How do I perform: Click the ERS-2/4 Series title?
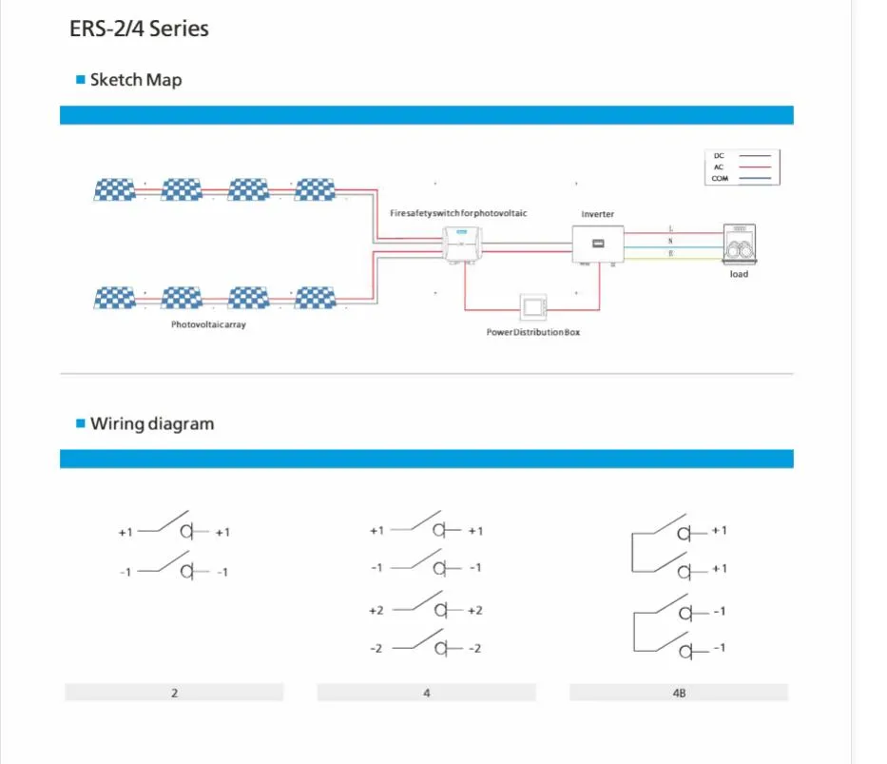139,29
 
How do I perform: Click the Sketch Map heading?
135,80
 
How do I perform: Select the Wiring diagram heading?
151,423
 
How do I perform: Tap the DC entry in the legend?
719,155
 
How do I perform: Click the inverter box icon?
598,244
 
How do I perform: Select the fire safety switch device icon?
463,244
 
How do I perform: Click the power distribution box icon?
532,306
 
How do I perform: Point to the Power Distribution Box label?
532,333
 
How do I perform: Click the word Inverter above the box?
597,214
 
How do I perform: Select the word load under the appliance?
739,274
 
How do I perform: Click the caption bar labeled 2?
174,693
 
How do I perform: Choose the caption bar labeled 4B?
679,693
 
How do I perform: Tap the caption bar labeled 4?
426,693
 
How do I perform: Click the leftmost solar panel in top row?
114,189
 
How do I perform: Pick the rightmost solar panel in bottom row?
316,298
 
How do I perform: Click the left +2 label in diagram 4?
376,610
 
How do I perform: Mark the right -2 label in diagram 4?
474,648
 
